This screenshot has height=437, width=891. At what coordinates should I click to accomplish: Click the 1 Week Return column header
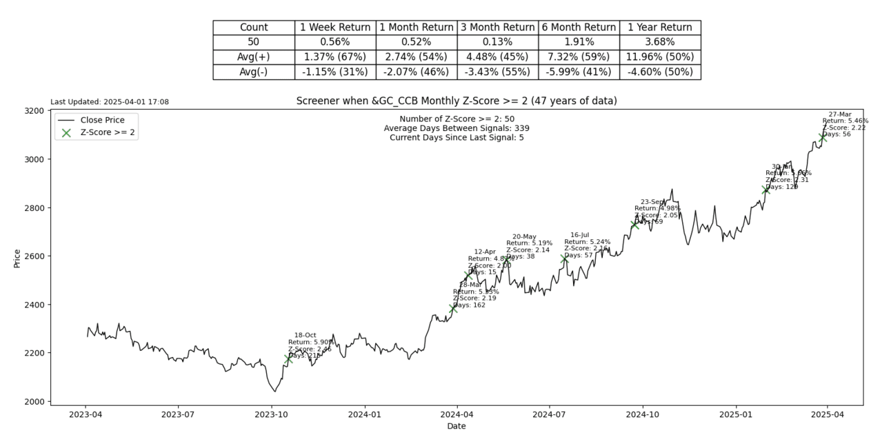tap(335, 28)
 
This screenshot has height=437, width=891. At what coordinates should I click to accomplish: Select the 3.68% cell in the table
tap(659, 42)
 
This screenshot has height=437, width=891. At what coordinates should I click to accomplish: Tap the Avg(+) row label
tap(253, 57)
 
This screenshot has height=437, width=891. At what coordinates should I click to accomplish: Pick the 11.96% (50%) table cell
tap(659, 57)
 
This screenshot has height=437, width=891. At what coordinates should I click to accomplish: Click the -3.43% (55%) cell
tap(497, 72)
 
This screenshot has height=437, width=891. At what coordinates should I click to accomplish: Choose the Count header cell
tap(253, 28)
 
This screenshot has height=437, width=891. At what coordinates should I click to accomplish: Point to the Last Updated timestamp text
tap(110, 102)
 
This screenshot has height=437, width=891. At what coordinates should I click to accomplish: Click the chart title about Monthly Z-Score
tap(456, 101)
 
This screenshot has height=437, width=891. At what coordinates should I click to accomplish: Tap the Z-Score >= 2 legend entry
tap(107, 132)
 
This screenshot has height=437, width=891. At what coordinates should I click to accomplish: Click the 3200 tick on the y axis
tap(32, 111)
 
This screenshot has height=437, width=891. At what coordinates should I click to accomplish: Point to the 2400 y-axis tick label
tap(32, 305)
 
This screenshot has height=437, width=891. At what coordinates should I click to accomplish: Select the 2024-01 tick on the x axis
tap(364, 414)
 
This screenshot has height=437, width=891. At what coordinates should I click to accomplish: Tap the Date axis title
tap(456, 426)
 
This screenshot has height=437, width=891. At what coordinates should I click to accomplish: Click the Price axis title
tap(17, 258)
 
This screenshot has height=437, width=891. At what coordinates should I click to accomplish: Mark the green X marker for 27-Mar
tap(822, 137)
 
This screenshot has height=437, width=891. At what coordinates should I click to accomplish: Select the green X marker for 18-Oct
tap(288, 358)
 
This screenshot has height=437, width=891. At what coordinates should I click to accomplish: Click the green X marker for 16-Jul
tap(565, 258)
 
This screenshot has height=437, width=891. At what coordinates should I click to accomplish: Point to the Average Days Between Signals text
tap(456, 128)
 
